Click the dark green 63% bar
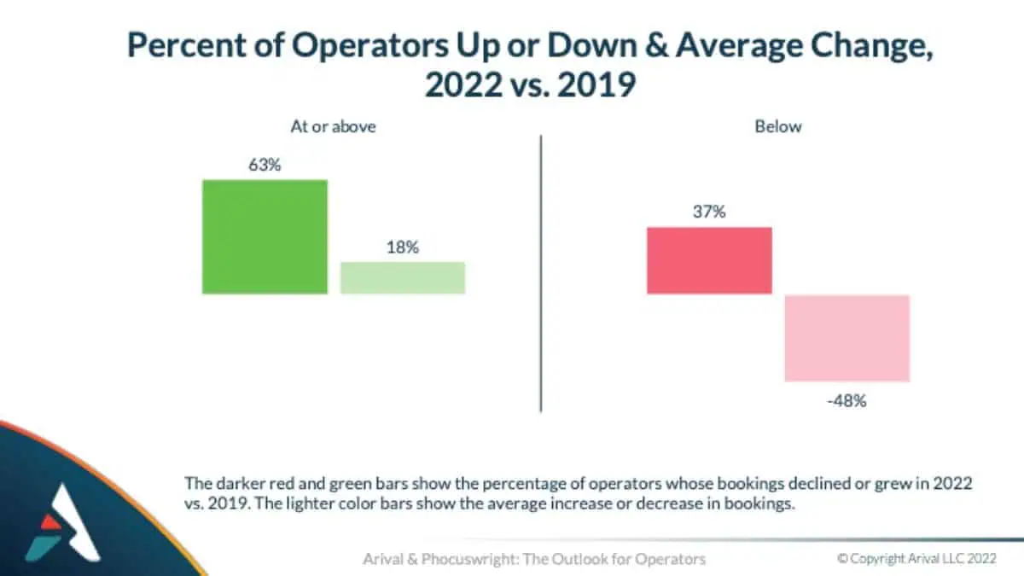tap(265, 236)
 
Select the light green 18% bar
tap(403, 277)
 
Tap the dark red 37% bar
tap(709, 260)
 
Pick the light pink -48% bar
tap(847, 338)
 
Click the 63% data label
tap(265, 165)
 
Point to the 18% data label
tap(403, 247)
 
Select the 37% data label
tap(709, 212)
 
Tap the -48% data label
tap(847, 399)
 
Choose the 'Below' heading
tap(778, 126)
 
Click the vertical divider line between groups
tap(541, 273)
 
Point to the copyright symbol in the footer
tap(842, 559)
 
